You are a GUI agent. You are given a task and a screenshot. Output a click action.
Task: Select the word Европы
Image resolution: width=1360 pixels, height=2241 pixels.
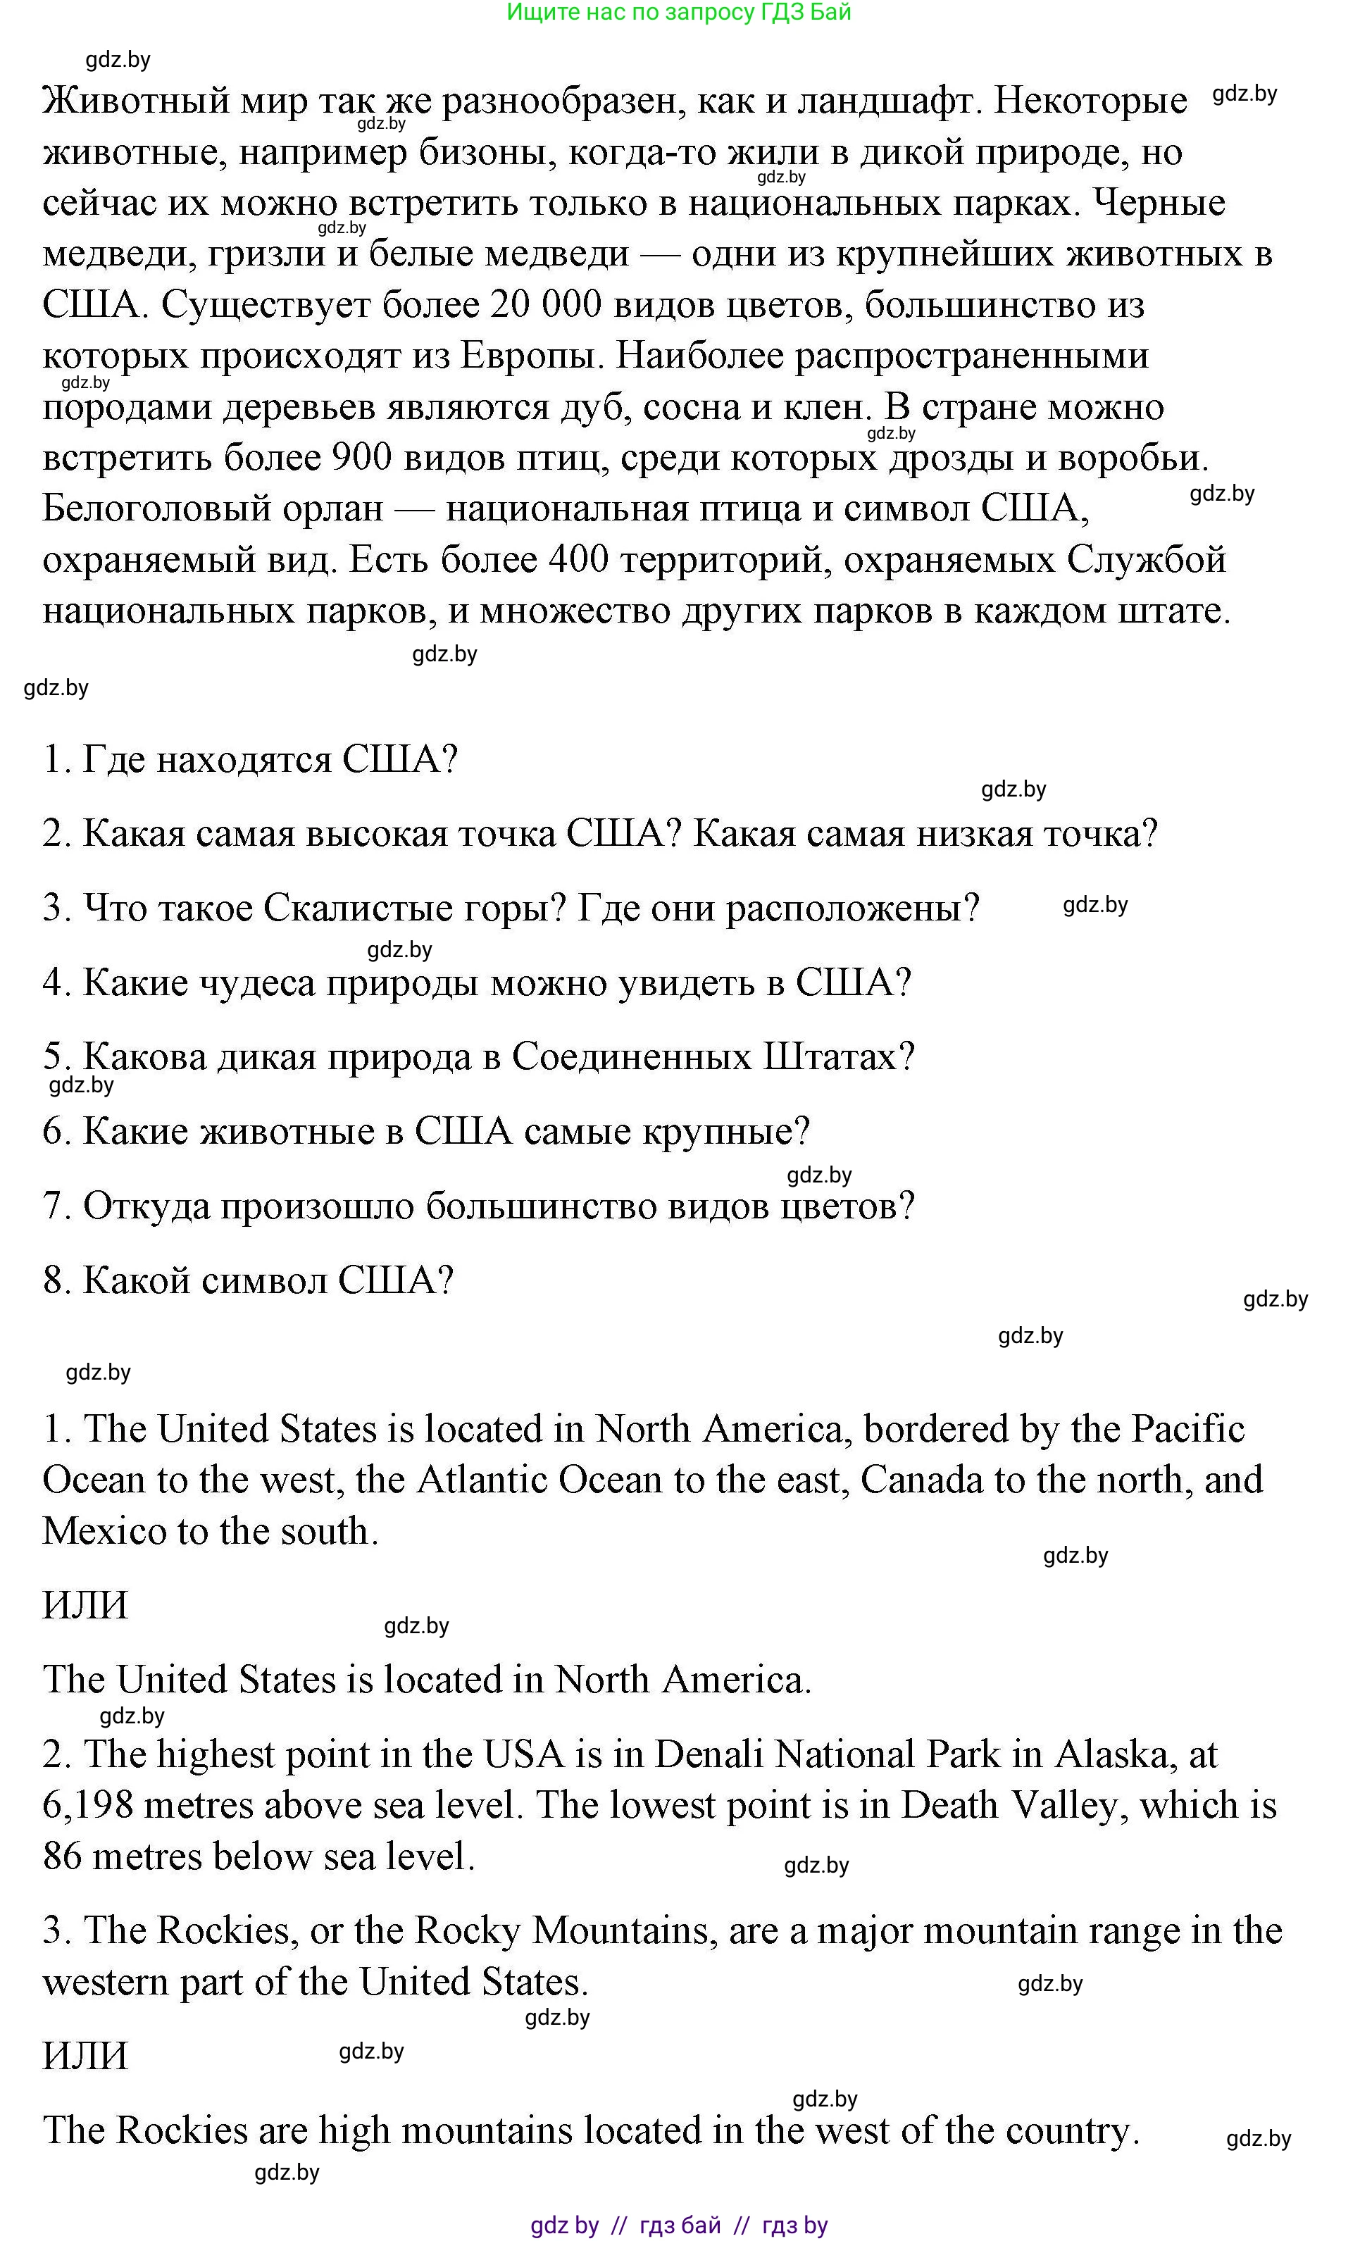point(532,356)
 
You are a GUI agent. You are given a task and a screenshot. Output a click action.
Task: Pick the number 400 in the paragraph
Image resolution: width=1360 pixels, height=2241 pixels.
point(580,559)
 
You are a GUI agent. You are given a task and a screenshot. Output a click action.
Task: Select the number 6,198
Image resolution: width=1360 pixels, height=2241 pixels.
point(87,1805)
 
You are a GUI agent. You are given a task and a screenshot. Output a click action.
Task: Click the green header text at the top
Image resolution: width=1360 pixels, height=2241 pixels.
point(679,13)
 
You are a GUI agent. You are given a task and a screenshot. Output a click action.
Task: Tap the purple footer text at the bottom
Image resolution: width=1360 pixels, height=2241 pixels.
point(679,2226)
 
